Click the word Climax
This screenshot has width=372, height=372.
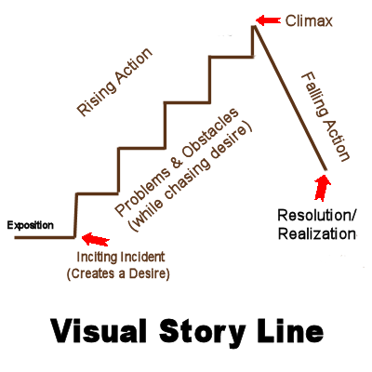click(309, 21)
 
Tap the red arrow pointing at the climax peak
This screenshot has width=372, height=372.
click(269, 20)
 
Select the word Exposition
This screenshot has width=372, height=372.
click(31, 225)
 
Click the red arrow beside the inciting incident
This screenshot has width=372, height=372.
click(96, 239)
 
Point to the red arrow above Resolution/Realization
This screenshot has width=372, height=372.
click(323, 187)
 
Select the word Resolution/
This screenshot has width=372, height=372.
click(317, 215)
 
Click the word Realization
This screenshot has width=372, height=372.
click(316, 234)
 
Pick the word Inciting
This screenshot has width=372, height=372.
click(97, 258)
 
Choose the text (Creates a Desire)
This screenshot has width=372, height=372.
click(118, 274)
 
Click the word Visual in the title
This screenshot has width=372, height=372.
click(98, 331)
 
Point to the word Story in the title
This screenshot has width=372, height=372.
click(202, 332)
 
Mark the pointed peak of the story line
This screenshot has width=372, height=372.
click(254, 26)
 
